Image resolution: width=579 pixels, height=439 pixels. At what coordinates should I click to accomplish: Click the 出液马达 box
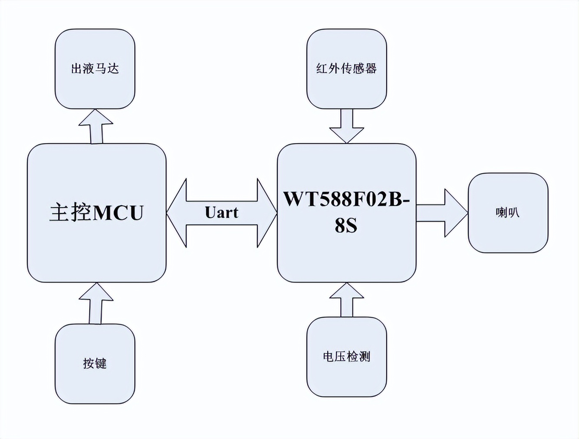click(x=95, y=69)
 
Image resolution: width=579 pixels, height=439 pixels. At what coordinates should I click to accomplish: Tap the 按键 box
click(x=95, y=364)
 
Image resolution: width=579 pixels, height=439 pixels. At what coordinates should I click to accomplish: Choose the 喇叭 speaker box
click(x=508, y=213)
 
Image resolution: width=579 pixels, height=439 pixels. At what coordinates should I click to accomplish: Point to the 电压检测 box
click(x=346, y=357)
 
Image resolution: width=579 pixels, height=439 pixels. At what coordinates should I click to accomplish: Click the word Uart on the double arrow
click(x=221, y=213)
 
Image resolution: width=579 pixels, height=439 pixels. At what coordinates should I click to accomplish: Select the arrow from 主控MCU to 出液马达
click(x=96, y=127)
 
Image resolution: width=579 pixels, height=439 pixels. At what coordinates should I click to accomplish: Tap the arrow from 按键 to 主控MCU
click(x=96, y=304)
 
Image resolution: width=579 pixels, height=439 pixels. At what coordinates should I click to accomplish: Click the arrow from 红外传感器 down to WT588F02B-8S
click(x=346, y=126)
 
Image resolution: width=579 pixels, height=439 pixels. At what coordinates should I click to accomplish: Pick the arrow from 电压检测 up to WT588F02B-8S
click(x=346, y=300)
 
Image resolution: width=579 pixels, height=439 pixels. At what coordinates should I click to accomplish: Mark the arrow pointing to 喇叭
click(x=443, y=213)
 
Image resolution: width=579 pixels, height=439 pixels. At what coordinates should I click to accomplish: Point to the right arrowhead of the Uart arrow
click(x=266, y=213)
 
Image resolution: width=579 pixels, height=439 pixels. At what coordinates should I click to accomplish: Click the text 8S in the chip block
click(x=346, y=226)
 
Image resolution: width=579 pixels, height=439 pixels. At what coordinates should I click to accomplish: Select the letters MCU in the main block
click(x=118, y=213)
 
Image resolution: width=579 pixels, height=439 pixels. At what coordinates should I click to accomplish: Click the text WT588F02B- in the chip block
click(x=346, y=199)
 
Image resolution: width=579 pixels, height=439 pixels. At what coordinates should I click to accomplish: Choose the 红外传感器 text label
click(x=346, y=68)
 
